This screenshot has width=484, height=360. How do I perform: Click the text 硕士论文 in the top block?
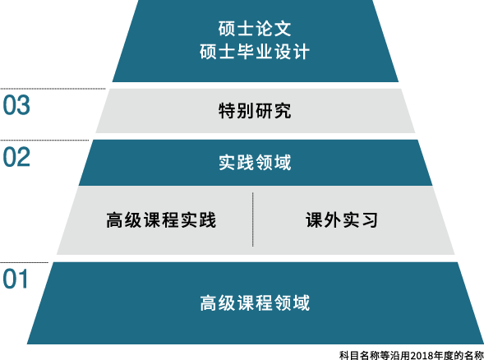pyautogui.click(x=255, y=29)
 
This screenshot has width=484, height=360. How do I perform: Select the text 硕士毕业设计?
pyautogui.click(x=255, y=52)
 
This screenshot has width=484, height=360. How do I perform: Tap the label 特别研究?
pyautogui.click(x=255, y=110)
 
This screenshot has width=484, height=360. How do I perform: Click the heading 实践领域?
pyautogui.click(x=255, y=163)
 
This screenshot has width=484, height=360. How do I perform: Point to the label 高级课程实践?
pyautogui.click(x=161, y=219)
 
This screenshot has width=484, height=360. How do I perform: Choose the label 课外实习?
pyautogui.click(x=342, y=219)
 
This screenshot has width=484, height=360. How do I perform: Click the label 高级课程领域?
pyautogui.click(x=255, y=302)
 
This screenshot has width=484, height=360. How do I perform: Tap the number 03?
pyautogui.click(x=16, y=105)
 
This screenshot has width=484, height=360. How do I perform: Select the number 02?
pyautogui.click(x=16, y=157)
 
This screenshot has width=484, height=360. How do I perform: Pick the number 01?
pyautogui.click(x=16, y=279)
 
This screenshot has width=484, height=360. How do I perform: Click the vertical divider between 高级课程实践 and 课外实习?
pyautogui.click(x=253, y=219)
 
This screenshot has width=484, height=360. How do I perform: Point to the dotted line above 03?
pyautogui.click(x=53, y=89)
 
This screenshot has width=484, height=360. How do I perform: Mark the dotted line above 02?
pyautogui.click(x=44, y=141)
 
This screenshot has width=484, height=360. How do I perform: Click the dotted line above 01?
pyautogui.click(x=24, y=263)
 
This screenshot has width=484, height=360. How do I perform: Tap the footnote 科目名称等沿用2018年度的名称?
pyautogui.click(x=412, y=355)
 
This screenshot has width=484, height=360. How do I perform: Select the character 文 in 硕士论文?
pyautogui.click(x=283, y=29)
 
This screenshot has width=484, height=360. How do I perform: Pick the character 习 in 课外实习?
pyautogui.click(x=370, y=219)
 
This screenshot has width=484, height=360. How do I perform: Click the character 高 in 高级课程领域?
pyautogui.click(x=209, y=302)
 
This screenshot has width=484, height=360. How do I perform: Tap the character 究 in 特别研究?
pyautogui.click(x=283, y=110)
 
